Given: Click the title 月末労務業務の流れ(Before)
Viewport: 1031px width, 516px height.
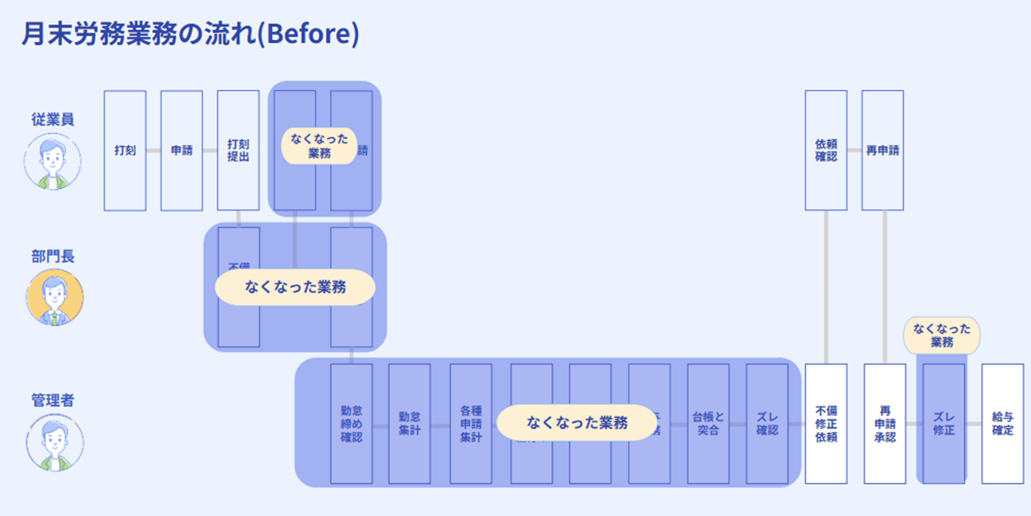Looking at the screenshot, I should (x=190, y=34).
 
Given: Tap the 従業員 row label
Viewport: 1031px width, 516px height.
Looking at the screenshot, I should (x=53, y=119).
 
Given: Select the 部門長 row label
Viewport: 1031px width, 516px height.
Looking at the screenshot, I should (x=53, y=256).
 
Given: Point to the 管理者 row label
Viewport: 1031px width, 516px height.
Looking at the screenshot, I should (x=53, y=400).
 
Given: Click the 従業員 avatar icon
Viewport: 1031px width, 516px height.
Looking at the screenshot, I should (x=52, y=162).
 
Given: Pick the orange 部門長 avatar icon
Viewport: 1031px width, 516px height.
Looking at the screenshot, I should (x=54, y=298).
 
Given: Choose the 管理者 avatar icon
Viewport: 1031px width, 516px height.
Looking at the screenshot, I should (x=55, y=443).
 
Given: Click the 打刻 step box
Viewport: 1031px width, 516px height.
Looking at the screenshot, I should (x=125, y=150).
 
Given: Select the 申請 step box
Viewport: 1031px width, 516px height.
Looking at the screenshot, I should (x=182, y=150).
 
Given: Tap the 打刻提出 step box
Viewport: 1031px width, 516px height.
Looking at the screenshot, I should (x=238, y=150).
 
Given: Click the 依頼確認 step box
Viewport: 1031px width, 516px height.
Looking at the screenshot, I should (x=826, y=150).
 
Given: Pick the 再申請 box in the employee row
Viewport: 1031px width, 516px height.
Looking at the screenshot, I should (x=882, y=150).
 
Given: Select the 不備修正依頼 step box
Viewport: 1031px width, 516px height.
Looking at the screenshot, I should (x=826, y=424).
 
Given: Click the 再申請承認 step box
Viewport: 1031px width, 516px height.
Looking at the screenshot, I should (x=885, y=424).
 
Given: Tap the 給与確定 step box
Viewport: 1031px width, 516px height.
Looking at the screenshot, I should (x=1003, y=424).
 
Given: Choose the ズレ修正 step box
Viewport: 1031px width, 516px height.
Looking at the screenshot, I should (x=944, y=424).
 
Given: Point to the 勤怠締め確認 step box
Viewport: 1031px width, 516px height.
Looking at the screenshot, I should (x=351, y=424).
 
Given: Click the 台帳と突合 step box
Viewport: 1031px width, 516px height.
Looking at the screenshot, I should (x=708, y=424).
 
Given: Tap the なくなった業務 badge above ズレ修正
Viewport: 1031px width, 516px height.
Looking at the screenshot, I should (x=942, y=335).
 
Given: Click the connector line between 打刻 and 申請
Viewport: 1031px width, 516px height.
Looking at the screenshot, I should (x=153, y=150).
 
